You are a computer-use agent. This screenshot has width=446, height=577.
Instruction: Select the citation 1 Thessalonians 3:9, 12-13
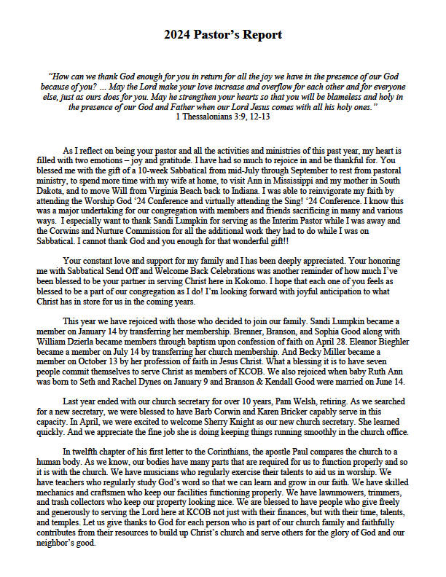[223, 116]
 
